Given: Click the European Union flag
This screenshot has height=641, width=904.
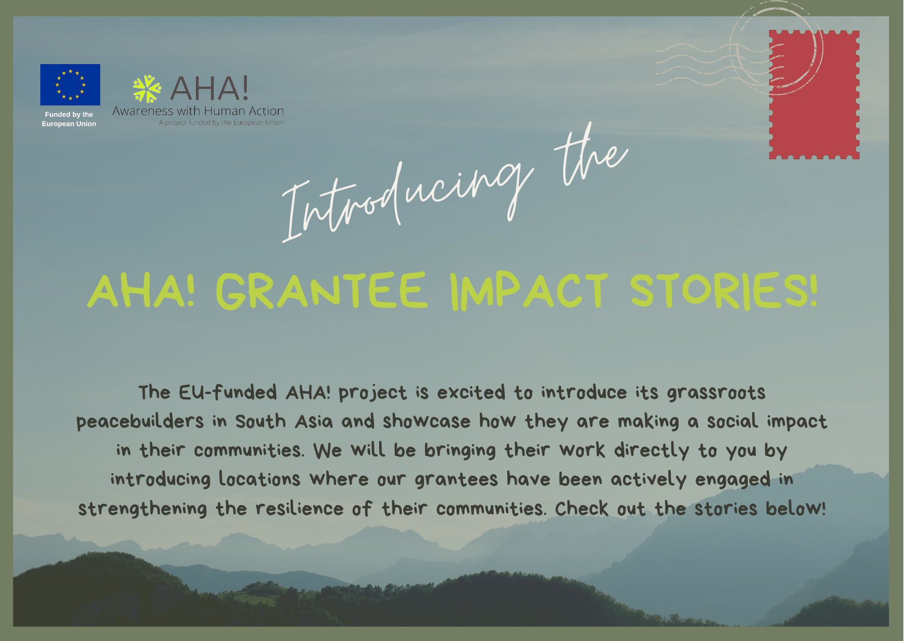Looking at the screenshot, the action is pos(70,85).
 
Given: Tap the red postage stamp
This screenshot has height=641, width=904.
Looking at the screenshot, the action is pos(814,95).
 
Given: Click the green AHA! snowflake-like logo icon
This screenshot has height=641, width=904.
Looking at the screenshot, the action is pos(147,89).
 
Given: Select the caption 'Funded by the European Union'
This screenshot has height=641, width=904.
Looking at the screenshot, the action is pos(69,119).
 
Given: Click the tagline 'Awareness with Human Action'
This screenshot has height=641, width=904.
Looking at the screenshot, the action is pos(198,111).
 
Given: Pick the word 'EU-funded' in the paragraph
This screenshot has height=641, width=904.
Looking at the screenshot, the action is pos(228,392).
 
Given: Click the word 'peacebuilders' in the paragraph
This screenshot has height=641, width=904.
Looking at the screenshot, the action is pos(140,422).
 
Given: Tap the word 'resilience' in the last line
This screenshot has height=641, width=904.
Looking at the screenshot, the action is pos(299,509).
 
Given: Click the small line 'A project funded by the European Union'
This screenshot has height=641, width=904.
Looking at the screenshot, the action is pos(221,123).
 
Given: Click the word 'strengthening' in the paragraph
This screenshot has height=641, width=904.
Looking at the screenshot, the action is pos(142,509).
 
